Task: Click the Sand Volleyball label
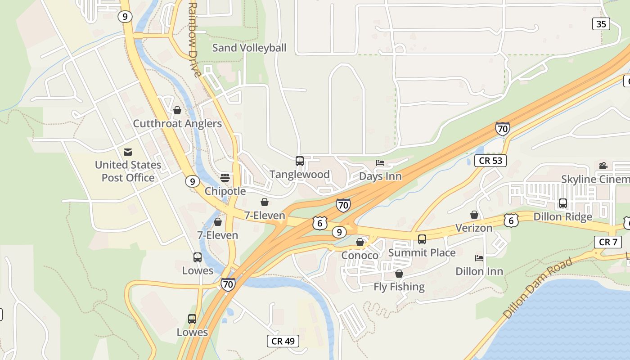[x=249, y=48]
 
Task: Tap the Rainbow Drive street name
[x=193, y=40]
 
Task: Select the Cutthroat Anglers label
[x=177, y=124]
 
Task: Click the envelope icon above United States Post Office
[x=128, y=152]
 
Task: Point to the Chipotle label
[x=225, y=191]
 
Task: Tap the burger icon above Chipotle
[x=225, y=178]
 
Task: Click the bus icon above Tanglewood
[x=300, y=161]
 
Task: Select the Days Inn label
[x=380, y=176]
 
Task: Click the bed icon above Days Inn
[x=380, y=163]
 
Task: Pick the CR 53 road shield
[x=490, y=161]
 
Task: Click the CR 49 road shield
[x=283, y=341]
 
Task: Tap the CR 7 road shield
[x=608, y=242]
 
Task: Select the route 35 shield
[x=601, y=24]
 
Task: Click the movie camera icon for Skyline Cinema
[x=603, y=166]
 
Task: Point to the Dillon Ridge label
[x=562, y=217]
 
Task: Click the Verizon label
[x=474, y=228]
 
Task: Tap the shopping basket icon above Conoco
[x=360, y=243]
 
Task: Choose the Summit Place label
[x=422, y=253]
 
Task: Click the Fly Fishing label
[x=399, y=287]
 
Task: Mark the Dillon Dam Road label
[x=538, y=288]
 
